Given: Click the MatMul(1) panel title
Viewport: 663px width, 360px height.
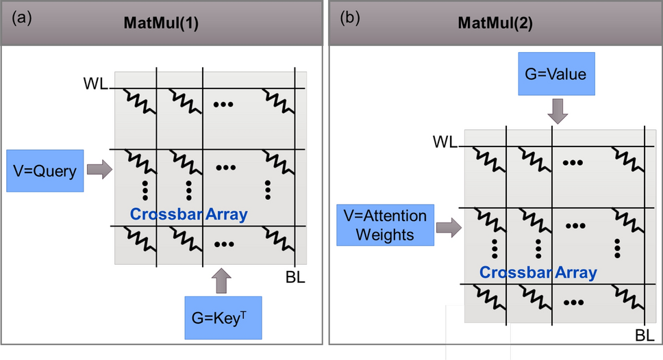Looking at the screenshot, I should click(x=161, y=22).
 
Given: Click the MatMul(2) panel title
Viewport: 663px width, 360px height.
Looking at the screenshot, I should click(x=495, y=22).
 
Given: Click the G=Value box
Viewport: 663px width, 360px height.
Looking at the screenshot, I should click(x=557, y=74).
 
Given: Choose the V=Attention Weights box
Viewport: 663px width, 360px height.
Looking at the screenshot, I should click(x=385, y=224).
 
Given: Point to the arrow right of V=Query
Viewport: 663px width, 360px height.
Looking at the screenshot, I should click(x=100, y=170).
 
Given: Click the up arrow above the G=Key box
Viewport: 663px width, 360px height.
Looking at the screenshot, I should click(x=224, y=281).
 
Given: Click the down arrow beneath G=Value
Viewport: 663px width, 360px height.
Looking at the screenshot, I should click(x=558, y=111).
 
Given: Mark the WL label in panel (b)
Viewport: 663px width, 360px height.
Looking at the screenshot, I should click(x=445, y=142).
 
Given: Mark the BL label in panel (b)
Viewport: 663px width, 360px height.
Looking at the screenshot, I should click(x=645, y=335).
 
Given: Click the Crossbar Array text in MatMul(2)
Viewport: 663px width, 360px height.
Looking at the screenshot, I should click(x=538, y=272).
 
